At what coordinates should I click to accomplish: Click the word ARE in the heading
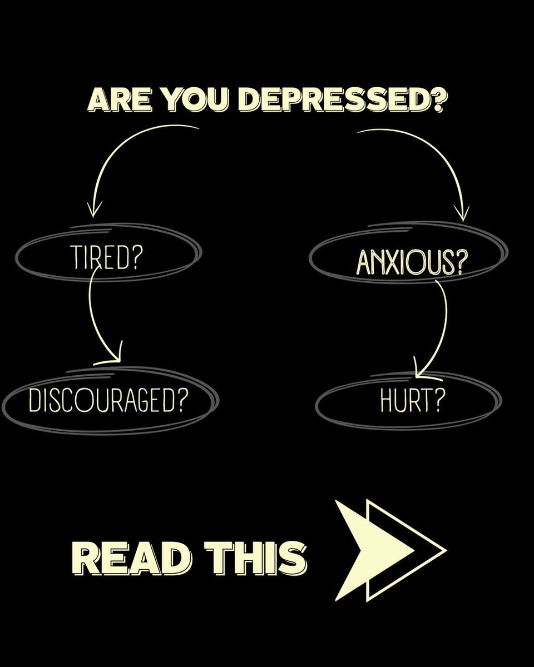point(120,101)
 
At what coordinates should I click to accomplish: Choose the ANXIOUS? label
point(412,262)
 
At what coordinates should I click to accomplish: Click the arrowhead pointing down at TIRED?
point(93,209)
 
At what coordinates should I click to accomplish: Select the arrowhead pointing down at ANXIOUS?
point(463,213)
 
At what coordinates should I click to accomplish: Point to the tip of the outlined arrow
point(446,550)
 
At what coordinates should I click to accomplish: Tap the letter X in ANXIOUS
point(393,262)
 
